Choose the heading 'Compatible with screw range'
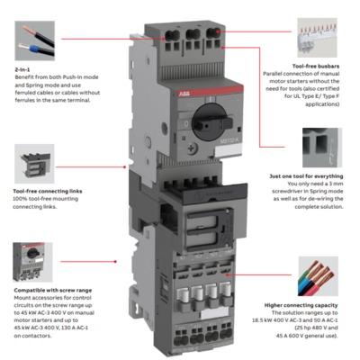pyautogui.click(x=53, y=290)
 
